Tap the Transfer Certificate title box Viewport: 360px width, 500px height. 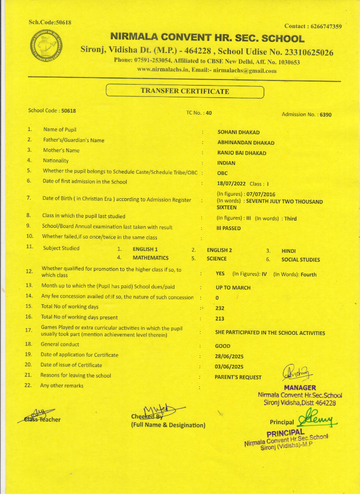[x=185, y=92]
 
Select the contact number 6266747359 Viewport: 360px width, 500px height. [x=321, y=26]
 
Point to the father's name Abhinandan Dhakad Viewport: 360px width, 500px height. [x=246, y=143]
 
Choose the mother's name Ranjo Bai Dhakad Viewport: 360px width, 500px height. [x=242, y=153]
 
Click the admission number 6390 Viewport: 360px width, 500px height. [x=325, y=115]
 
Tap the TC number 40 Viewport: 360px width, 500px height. [x=209, y=113]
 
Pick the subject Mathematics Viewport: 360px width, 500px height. [x=150, y=258]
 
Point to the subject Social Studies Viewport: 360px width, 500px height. [x=301, y=259]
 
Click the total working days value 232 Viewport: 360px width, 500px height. [x=220, y=308]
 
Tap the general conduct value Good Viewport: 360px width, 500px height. [x=223, y=346]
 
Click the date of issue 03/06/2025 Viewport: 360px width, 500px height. [x=229, y=366]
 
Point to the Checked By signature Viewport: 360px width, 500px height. [x=163, y=409]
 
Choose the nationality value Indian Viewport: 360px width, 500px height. [x=226, y=163]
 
